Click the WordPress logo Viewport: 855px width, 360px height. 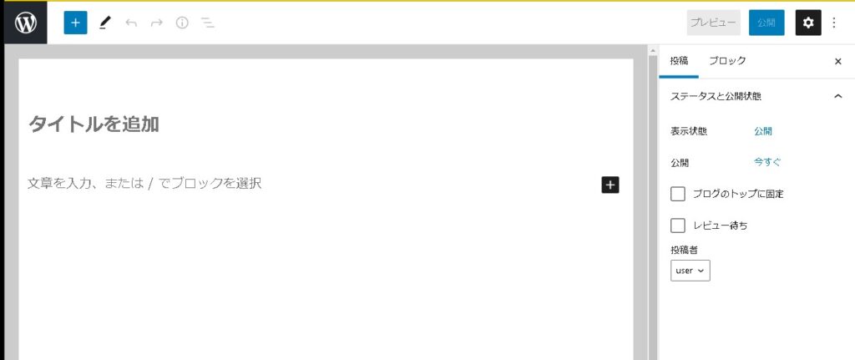[x=25, y=23]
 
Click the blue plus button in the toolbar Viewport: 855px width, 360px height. [x=75, y=23]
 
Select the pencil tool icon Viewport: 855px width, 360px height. [x=104, y=23]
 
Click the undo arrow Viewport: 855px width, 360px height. [x=131, y=23]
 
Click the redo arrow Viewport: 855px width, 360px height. [x=156, y=23]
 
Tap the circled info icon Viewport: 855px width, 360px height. [x=182, y=23]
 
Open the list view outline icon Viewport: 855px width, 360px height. [x=208, y=23]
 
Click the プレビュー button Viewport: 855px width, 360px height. [x=714, y=23]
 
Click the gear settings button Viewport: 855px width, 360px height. [x=807, y=23]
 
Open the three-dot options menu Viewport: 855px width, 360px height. [x=833, y=23]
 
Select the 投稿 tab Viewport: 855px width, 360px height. [x=679, y=61]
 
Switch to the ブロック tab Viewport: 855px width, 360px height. [x=727, y=61]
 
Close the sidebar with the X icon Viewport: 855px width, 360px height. [x=838, y=62]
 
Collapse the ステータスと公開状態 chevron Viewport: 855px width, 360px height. [x=838, y=96]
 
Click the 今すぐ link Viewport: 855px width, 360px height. [x=767, y=162]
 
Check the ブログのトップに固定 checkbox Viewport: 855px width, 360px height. [x=678, y=194]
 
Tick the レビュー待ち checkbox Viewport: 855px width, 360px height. [x=678, y=226]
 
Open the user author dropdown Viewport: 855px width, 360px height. [x=691, y=270]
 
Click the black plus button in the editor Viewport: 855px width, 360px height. [x=610, y=185]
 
